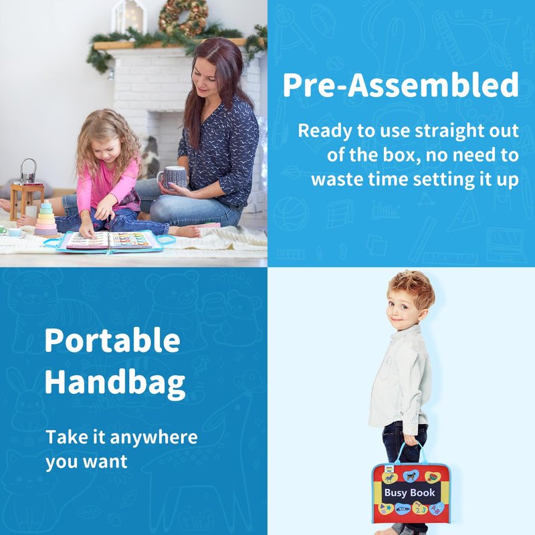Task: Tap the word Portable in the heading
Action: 112,340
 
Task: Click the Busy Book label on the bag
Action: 409,492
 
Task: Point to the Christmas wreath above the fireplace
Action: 183,17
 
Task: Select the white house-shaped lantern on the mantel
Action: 129,17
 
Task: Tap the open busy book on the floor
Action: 110,241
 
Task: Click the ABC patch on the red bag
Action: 437,508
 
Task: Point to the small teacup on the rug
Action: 14,232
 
